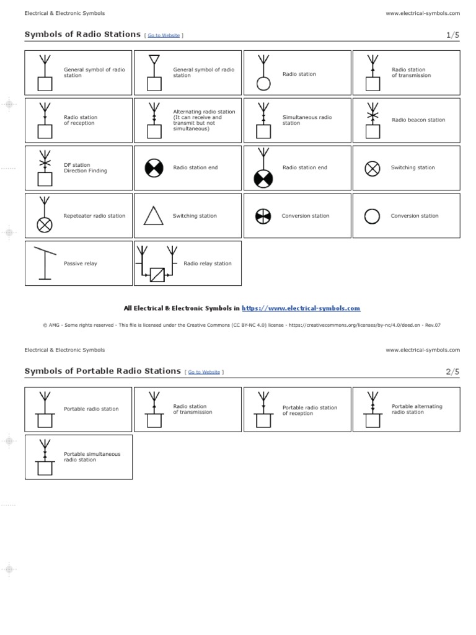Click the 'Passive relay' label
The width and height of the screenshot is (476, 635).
(81, 264)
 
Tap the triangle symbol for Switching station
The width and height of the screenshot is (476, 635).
(154, 216)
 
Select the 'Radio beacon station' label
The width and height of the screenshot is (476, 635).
(418, 120)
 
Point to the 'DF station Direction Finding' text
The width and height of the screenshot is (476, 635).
(86, 168)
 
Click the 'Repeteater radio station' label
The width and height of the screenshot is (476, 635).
(94, 216)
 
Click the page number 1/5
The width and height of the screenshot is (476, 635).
(452, 35)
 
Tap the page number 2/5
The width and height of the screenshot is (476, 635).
(452, 371)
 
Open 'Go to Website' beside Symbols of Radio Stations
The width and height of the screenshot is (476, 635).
(164, 35)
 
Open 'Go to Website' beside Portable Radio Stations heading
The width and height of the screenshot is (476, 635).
(204, 372)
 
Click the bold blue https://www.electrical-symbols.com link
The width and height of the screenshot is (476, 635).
(301, 308)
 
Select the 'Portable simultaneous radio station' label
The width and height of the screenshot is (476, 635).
(92, 457)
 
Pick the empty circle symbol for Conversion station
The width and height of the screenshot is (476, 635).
(372, 216)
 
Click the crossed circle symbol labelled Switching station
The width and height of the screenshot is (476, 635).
(372, 168)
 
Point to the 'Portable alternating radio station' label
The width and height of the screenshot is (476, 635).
(417, 409)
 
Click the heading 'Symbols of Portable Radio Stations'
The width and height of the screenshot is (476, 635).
(102, 371)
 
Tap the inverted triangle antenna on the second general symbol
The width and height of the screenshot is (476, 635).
(154, 60)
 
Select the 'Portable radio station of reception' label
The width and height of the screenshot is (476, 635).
(310, 411)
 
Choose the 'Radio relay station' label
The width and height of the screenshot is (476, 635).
(208, 264)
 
